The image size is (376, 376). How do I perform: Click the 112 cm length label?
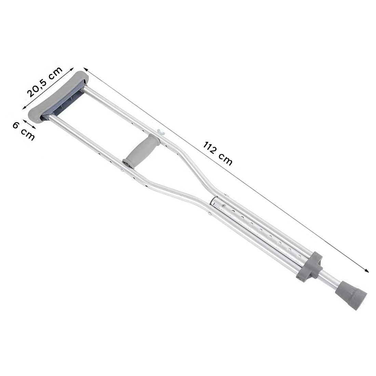coord(218,153)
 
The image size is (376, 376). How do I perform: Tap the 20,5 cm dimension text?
coord(44,82)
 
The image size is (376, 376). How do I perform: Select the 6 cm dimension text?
coord(24,131)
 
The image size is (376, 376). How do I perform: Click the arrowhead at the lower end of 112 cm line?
coord(366,270)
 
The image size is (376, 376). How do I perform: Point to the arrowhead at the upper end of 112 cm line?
coord(85,69)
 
